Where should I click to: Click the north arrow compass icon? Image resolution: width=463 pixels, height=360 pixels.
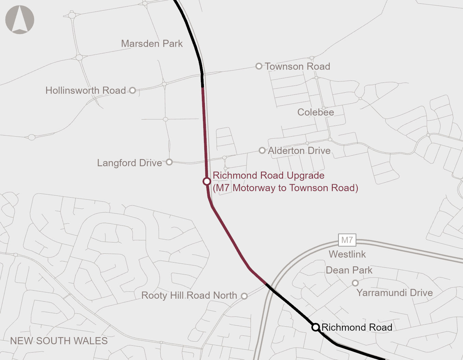pyautogui.click(x=20, y=19)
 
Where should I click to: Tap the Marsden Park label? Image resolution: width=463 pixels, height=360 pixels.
pyautogui.click(x=152, y=44)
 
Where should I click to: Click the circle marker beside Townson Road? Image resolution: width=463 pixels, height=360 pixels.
pyautogui.click(x=259, y=66)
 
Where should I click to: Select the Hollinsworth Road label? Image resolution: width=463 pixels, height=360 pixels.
pyautogui.click(x=86, y=90)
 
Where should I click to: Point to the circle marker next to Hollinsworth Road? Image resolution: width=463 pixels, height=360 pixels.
pyautogui.click(x=133, y=90)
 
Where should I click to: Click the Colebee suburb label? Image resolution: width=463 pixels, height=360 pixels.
pyautogui.click(x=315, y=112)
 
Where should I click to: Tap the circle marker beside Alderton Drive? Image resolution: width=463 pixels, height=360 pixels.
pyautogui.click(x=262, y=150)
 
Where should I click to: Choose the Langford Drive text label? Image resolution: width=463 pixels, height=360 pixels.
pyautogui.click(x=129, y=163)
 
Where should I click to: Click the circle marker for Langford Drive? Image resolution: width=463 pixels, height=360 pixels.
pyautogui.click(x=169, y=162)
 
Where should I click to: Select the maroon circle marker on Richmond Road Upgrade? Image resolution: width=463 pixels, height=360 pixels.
pyautogui.click(x=207, y=181)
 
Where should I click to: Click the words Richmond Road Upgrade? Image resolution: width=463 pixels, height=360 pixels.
pyautogui.click(x=268, y=175)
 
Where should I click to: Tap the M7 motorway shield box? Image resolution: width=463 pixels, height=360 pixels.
pyautogui.click(x=347, y=240)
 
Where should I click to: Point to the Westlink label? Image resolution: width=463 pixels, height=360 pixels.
pyautogui.click(x=347, y=254)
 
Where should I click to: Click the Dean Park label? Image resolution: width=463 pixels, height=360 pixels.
pyautogui.click(x=349, y=270)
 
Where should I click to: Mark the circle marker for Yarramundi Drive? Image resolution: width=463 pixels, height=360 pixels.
pyautogui.click(x=355, y=283)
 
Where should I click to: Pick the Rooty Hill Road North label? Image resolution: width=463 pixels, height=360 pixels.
pyautogui.click(x=189, y=295)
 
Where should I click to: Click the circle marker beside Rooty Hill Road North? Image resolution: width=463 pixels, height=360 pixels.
pyautogui.click(x=244, y=296)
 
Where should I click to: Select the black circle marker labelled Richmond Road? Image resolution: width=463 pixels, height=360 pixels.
pyautogui.click(x=315, y=327)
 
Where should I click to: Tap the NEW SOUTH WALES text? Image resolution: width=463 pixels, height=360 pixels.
pyautogui.click(x=59, y=341)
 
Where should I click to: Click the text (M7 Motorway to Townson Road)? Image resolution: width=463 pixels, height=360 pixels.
pyautogui.click(x=285, y=188)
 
